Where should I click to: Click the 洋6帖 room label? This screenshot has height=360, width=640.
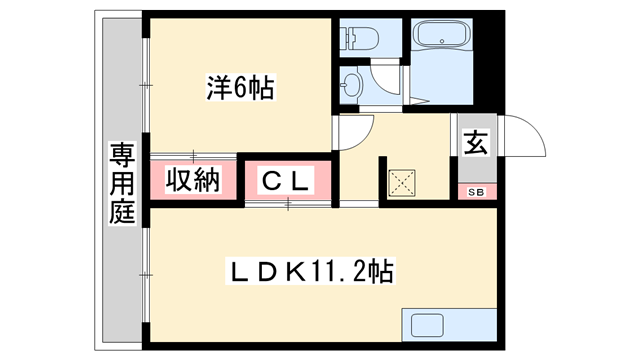(239, 88)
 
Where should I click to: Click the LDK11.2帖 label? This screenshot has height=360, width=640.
(311, 269)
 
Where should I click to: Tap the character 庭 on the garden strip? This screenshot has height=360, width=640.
(122, 211)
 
